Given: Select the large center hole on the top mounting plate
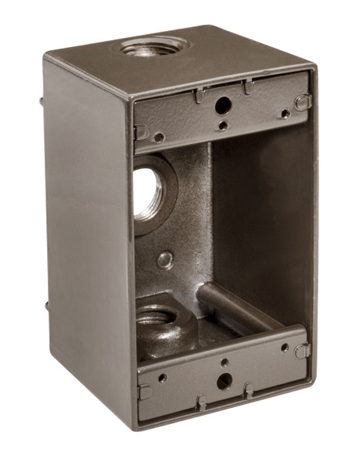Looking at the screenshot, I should coord(223,106).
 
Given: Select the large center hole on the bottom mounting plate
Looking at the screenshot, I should coord(224,379).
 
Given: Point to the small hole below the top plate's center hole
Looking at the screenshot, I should coord(223,125).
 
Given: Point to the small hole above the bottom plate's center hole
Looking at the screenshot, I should coord(224,362).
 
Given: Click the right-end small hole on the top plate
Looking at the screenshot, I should coord(285,113).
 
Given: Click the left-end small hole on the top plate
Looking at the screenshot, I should coord(159,137).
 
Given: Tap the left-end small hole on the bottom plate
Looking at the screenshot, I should coord(162,378).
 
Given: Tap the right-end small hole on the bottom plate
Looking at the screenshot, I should coord(284,348).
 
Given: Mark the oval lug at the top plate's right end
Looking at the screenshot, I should coord(303,101).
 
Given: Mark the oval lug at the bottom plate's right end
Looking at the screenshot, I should coord(302,351).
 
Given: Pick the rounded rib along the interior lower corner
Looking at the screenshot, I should coord(231,305).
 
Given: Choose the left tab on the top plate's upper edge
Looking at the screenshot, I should coord(199,96).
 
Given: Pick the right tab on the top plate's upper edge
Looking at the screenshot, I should coord(248,87).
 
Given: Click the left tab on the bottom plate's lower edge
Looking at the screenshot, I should coord(201,402).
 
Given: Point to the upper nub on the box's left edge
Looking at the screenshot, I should coord(41,100).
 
